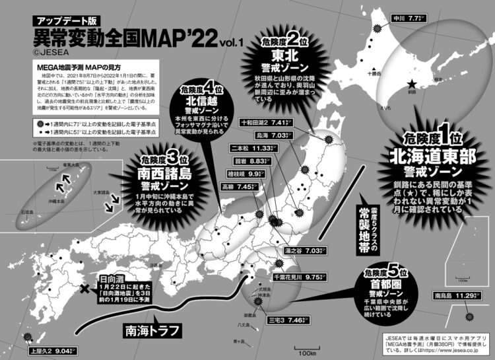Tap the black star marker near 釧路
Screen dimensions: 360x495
click(412, 84)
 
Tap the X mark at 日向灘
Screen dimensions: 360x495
click(84, 289)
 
